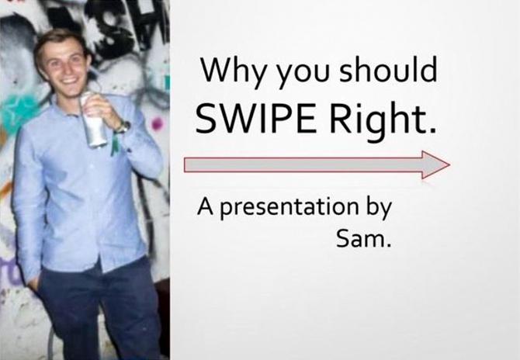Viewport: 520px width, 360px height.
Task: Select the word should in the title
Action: point(388,70)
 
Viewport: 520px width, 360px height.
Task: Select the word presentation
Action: point(289,208)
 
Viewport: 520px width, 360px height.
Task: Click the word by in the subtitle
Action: point(379,208)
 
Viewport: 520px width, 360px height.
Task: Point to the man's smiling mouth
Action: point(69,80)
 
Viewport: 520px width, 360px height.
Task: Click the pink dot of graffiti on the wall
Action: point(158,124)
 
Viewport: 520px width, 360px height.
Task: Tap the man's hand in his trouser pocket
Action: point(34,284)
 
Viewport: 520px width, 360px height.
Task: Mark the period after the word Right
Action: point(432,130)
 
